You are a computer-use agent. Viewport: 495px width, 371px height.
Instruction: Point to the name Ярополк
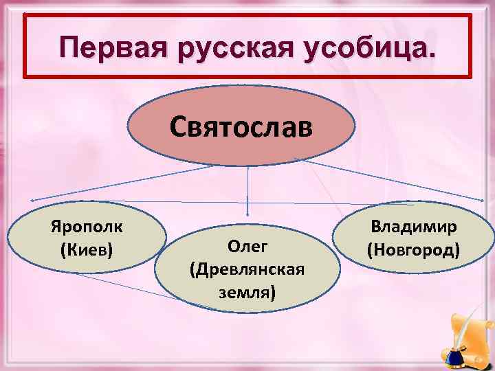(87, 227)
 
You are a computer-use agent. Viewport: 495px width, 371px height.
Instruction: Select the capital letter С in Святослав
(179, 127)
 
